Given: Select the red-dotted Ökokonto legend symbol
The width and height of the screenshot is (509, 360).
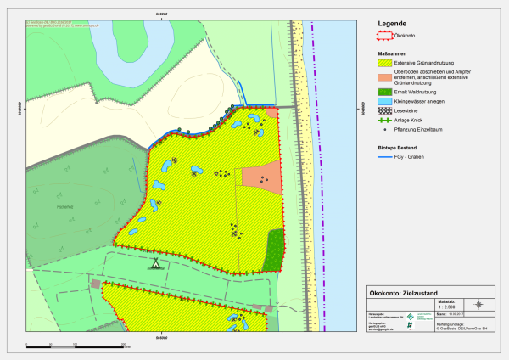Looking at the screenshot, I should click(x=386, y=37).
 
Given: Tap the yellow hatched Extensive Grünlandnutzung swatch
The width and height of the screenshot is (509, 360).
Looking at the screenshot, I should click(x=386, y=63).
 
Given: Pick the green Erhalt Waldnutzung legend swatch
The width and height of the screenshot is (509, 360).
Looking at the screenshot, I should click(x=386, y=91).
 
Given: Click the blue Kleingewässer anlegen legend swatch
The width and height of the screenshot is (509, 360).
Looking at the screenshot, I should click(x=386, y=101).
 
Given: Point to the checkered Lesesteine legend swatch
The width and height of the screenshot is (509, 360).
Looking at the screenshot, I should click(x=386, y=110).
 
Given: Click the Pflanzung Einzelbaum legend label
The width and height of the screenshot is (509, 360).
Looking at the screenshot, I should click(x=430, y=130).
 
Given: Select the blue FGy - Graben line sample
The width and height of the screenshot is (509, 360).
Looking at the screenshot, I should click(x=386, y=157).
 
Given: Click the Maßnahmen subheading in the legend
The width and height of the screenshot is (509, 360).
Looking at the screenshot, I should click(x=393, y=53).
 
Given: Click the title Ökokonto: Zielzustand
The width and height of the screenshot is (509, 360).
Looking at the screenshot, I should click(x=408, y=292).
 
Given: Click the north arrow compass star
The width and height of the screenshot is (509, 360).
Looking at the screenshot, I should click(x=479, y=304).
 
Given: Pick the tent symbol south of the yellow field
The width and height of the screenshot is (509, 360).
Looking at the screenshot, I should click(x=155, y=263).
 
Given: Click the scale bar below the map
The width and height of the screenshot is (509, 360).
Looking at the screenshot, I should click(x=76, y=345).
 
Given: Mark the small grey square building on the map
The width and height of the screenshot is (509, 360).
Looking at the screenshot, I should click(x=96, y=284).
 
